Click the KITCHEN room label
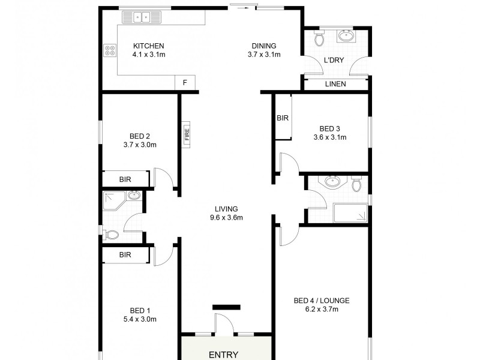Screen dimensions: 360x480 (148, 46)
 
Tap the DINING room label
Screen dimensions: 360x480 (264, 46)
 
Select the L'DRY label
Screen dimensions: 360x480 (334, 61)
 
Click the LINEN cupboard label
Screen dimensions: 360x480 (335, 84)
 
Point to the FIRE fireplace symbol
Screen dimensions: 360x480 (187, 133)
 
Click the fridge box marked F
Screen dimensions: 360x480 (185, 83)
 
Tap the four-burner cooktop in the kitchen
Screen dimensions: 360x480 (110, 51)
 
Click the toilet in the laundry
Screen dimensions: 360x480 (320, 38)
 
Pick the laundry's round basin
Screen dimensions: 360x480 (346, 36)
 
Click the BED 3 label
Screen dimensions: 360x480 (330, 128)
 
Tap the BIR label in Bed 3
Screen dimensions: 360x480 (283, 118)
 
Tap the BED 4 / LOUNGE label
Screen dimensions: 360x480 (322, 301)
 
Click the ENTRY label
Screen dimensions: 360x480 (224, 355)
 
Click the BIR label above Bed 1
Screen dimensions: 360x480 (125, 255)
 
